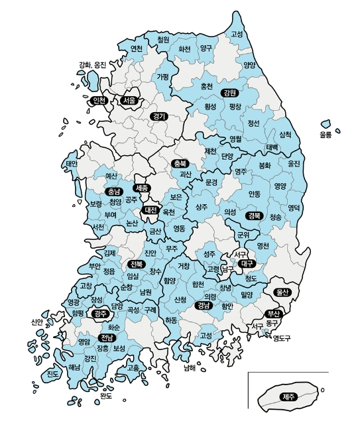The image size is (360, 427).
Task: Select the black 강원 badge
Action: (x=229, y=92)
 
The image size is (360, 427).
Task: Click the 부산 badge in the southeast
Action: (x=273, y=313)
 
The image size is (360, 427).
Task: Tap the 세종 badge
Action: (x=141, y=188)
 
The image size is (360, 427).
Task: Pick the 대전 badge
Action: (x=150, y=210)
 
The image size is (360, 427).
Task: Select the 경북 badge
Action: (x=253, y=215)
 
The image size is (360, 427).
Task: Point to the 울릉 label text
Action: (x=325, y=135)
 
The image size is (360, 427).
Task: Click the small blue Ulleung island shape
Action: (x=326, y=123)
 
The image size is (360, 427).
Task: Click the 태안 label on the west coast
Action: (x=72, y=163)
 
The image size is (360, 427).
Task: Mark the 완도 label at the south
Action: (x=106, y=396)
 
